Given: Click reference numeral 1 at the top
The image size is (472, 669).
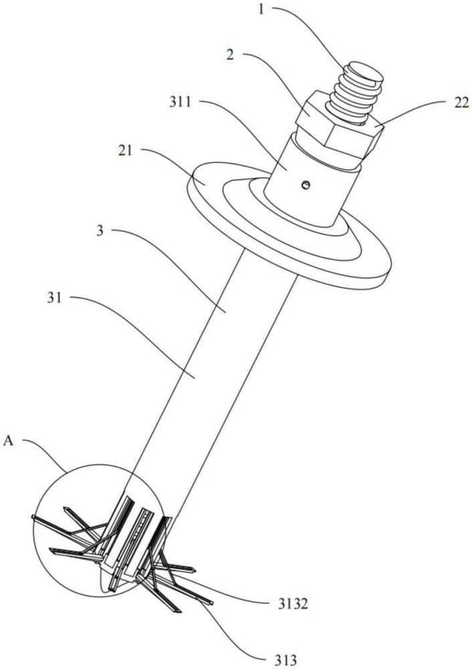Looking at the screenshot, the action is (x=261, y=9).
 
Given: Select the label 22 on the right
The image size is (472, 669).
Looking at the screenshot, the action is (x=461, y=102).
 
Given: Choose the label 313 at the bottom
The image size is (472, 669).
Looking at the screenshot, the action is (x=285, y=660).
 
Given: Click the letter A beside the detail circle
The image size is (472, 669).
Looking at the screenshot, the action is (x=9, y=441).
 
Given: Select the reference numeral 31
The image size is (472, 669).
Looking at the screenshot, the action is (x=54, y=298).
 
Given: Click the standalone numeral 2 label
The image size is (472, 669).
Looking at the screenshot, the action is (x=230, y=56).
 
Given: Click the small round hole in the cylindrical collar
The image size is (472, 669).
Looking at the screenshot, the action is (x=306, y=185).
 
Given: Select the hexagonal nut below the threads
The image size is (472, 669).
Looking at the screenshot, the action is (x=339, y=126).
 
